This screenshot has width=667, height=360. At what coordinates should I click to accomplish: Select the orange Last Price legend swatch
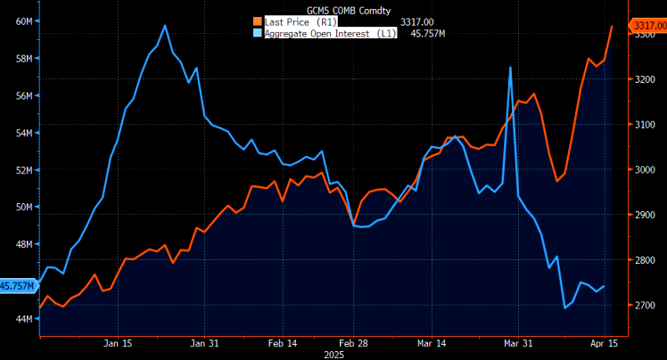click(x=258, y=20)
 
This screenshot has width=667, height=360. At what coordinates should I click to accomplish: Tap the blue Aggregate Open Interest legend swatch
click(x=258, y=33)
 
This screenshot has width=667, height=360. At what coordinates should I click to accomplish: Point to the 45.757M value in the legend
click(x=426, y=33)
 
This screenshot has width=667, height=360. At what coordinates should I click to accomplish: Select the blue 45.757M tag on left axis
click(x=17, y=286)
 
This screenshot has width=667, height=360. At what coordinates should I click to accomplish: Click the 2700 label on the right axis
click(x=646, y=306)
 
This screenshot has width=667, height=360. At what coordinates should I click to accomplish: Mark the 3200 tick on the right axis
click(x=646, y=79)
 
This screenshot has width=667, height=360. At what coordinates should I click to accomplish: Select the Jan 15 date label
click(x=118, y=342)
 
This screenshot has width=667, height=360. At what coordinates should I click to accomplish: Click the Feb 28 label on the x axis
click(x=355, y=342)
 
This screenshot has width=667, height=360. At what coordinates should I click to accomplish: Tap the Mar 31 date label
click(x=519, y=342)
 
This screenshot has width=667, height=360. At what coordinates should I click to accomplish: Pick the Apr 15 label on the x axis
click(x=605, y=342)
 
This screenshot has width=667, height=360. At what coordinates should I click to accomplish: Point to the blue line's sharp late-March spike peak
click(x=510, y=67)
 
